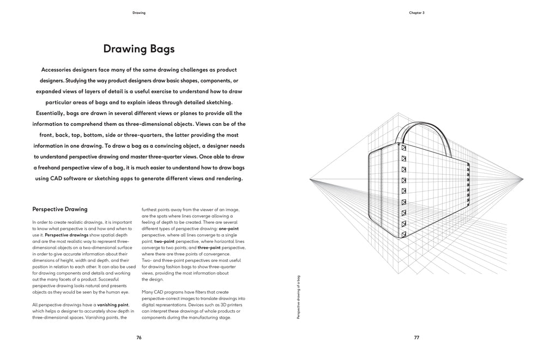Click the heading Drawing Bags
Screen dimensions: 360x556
pos(139,49)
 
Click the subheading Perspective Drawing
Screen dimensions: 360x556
pos(60,209)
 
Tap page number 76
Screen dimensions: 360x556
pos(139,338)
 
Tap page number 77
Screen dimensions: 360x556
pos(416,338)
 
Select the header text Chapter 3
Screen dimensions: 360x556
pos(416,13)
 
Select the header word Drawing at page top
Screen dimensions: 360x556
pos(139,13)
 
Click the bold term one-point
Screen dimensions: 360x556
pos(229,229)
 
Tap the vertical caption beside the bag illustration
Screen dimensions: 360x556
pos(298,297)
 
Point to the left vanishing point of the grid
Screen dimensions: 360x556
pos(310,179)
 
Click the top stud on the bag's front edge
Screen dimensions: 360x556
pos(404,148)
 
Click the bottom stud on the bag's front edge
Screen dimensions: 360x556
pos(403,235)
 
